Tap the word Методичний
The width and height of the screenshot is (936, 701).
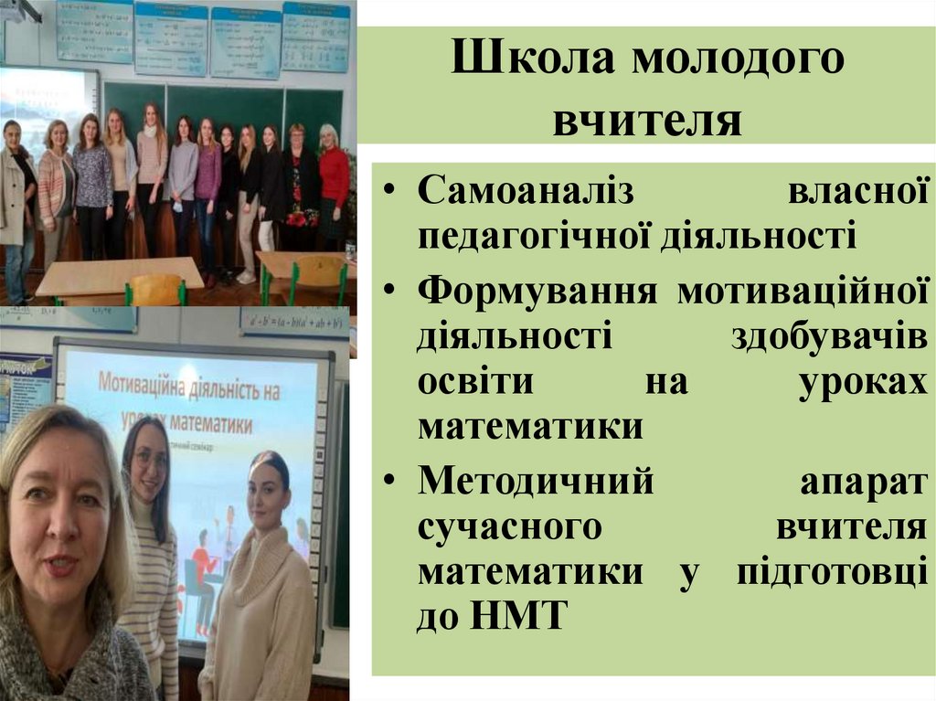point(536,481)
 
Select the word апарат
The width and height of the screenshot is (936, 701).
point(863,481)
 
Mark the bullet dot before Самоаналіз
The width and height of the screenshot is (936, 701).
point(390,195)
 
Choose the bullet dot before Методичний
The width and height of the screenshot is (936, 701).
point(390,482)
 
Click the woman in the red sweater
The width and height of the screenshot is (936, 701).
point(333,183)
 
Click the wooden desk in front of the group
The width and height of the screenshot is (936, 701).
point(119,274)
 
